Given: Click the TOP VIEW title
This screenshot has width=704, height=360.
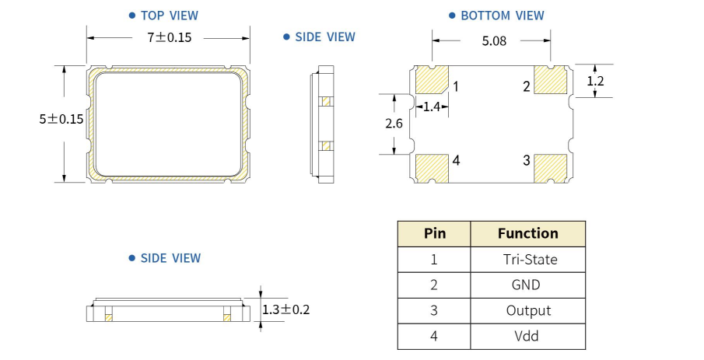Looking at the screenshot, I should coord(169,15).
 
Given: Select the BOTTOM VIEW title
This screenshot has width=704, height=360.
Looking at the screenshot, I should coord(502,15).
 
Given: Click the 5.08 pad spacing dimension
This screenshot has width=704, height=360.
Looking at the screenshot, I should coord(493,42).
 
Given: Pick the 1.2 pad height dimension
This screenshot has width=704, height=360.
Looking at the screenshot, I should coord(595,80).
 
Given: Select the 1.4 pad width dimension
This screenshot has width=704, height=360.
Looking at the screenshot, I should coord(432,107).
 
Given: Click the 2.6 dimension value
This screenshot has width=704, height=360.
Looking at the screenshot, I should coord(394,124).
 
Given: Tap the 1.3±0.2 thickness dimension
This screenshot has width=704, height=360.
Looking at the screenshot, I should coord(285,309).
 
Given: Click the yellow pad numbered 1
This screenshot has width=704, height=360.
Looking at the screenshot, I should coord(433,80).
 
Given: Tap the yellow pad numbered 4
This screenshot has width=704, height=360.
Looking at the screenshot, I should coord(433,166).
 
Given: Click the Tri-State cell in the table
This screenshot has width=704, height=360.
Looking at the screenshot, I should coord(527,259).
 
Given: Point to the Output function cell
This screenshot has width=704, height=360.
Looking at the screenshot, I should coord(527,310).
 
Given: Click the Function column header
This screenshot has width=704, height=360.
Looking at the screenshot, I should coord(527,233).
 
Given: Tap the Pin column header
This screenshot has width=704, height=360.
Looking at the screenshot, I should coord(434,233).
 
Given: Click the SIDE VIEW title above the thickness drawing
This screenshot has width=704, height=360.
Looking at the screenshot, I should coord(170,258).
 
